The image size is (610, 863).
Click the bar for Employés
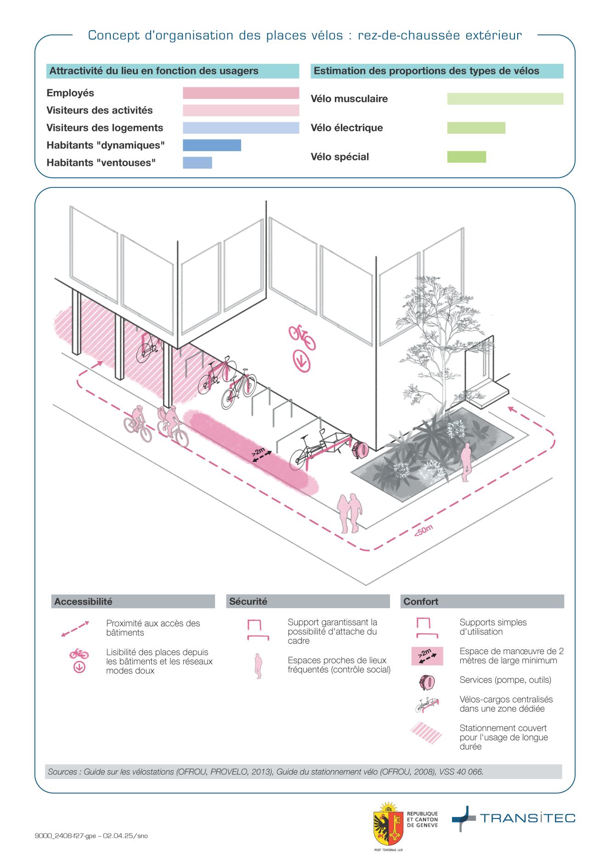pos(241,93)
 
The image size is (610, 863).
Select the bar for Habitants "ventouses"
pos(198,163)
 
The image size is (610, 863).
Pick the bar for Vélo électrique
pos(476,128)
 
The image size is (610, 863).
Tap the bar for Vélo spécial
pos(466,157)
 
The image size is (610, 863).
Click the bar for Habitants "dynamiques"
pos(212,145)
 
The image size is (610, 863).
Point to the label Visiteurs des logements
pos(105,128)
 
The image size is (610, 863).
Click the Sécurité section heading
pos(248,602)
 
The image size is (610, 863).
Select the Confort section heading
pos(421,602)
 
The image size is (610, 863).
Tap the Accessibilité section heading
pos(83,602)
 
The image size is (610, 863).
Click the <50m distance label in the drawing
pos(423,530)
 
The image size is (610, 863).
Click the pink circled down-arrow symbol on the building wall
pos(302,361)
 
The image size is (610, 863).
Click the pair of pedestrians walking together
pos(350,512)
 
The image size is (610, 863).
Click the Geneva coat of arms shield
pos(389,825)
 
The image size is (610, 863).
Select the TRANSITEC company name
pos(527,818)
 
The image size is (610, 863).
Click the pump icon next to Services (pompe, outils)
pos(427,682)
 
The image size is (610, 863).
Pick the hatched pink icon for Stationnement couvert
pos(426,732)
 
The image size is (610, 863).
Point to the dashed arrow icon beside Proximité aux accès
pos(75,629)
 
